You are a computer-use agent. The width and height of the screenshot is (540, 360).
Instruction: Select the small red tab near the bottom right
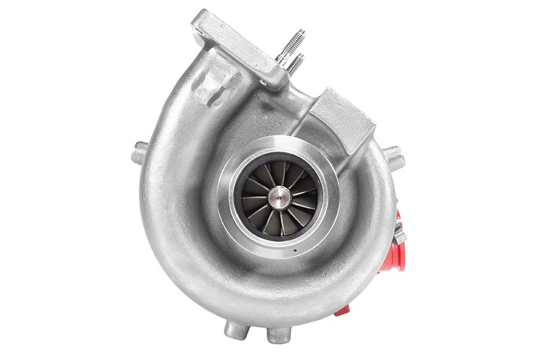343,310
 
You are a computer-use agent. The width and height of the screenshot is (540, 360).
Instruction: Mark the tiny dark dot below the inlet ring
295,252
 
